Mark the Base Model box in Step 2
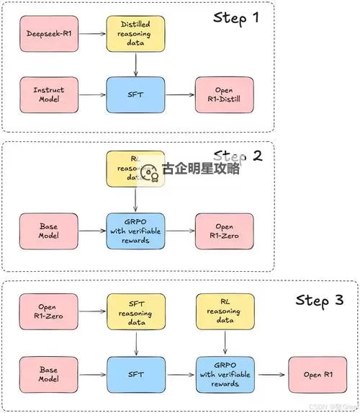tap(49, 231)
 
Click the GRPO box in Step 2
tap(136, 231)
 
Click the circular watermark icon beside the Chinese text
tap(150, 173)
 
